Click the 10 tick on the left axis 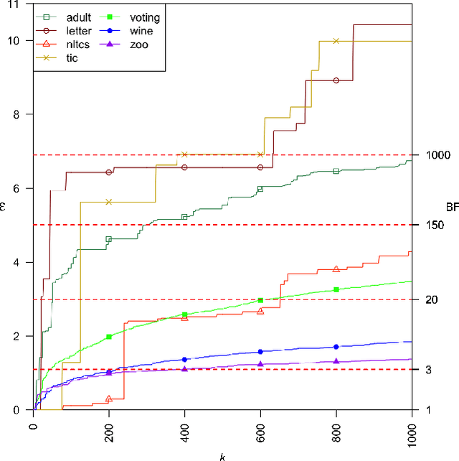pos(17,40)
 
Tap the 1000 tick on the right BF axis pos(435,155)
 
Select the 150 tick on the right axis pos(432,225)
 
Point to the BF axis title pos(452,208)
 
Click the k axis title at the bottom pos(222,456)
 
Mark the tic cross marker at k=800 pos(336,41)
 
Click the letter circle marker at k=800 pos(336,80)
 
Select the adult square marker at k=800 pos(336,171)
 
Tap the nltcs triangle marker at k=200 pos(109,399)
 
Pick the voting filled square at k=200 pos(109,337)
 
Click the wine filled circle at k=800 pos(336,347)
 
